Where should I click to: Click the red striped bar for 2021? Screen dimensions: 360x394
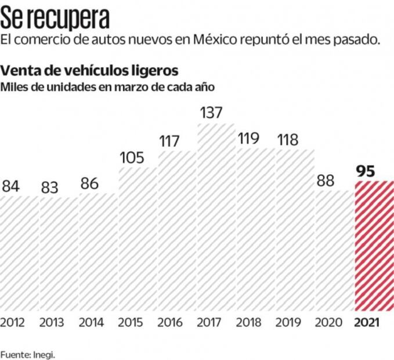tap(374, 247)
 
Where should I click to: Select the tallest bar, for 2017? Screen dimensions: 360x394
tap(216, 218)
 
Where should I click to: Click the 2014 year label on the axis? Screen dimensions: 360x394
tap(91, 322)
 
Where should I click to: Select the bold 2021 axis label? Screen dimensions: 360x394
tap(367, 322)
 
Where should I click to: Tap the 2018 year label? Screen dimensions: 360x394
tap(249, 322)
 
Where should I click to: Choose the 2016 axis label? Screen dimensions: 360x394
tap(170, 322)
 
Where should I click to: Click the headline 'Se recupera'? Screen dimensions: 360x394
tap(55, 19)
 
